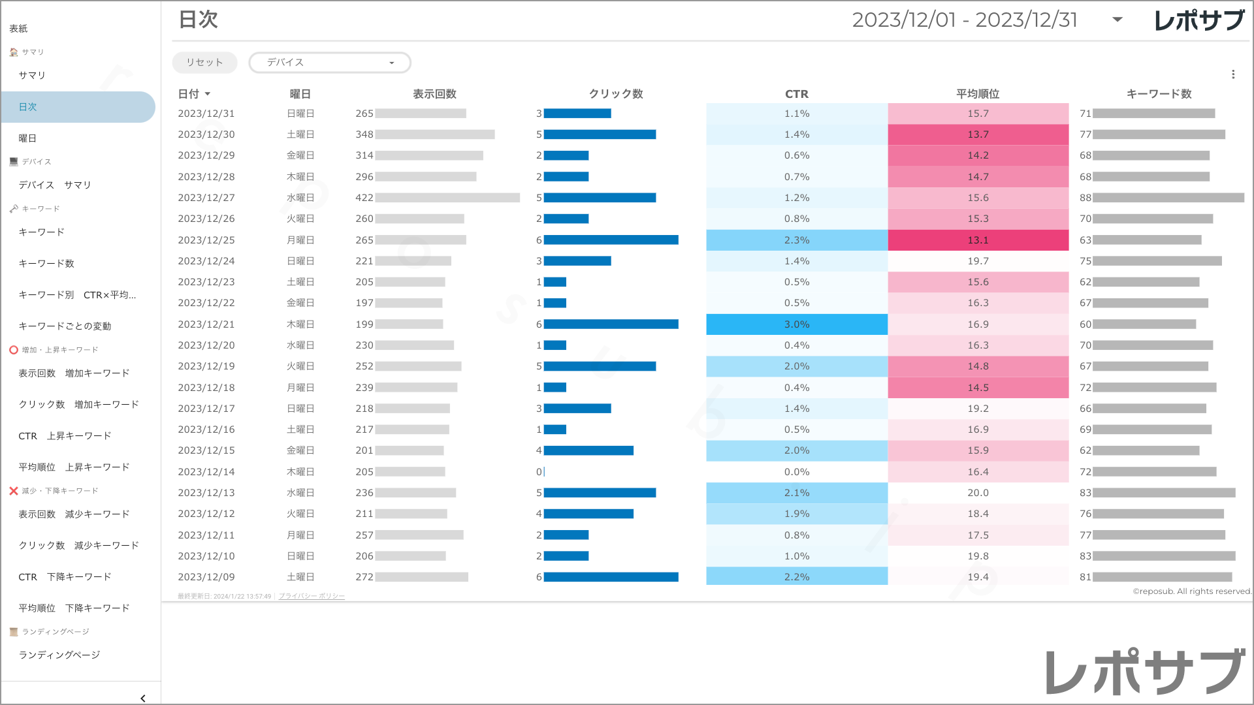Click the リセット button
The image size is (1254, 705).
pos(204,63)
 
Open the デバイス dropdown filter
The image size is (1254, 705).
pos(330,63)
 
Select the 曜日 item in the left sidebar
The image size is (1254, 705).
pos(27,138)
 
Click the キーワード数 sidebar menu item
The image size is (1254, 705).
pos(46,264)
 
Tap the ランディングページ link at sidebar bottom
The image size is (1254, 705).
pos(59,655)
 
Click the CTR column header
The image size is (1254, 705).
pos(796,94)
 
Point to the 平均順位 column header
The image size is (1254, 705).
pos(978,94)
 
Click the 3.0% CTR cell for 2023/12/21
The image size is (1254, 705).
pos(797,324)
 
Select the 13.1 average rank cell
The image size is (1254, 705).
pos(978,240)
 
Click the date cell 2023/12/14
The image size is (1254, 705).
pos(206,472)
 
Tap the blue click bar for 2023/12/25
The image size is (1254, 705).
pos(611,240)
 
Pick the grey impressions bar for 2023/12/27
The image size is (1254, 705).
pos(447,198)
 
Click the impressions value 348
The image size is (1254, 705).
pos(364,134)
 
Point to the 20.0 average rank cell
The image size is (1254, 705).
pos(978,493)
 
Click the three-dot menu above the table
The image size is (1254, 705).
pos(1233,74)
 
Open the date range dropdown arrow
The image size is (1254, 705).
pos(1117,20)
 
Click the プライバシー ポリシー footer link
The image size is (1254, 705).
pos(312,597)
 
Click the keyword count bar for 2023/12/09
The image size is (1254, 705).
pos(1163,577)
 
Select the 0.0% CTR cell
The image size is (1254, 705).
pos(797,472)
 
